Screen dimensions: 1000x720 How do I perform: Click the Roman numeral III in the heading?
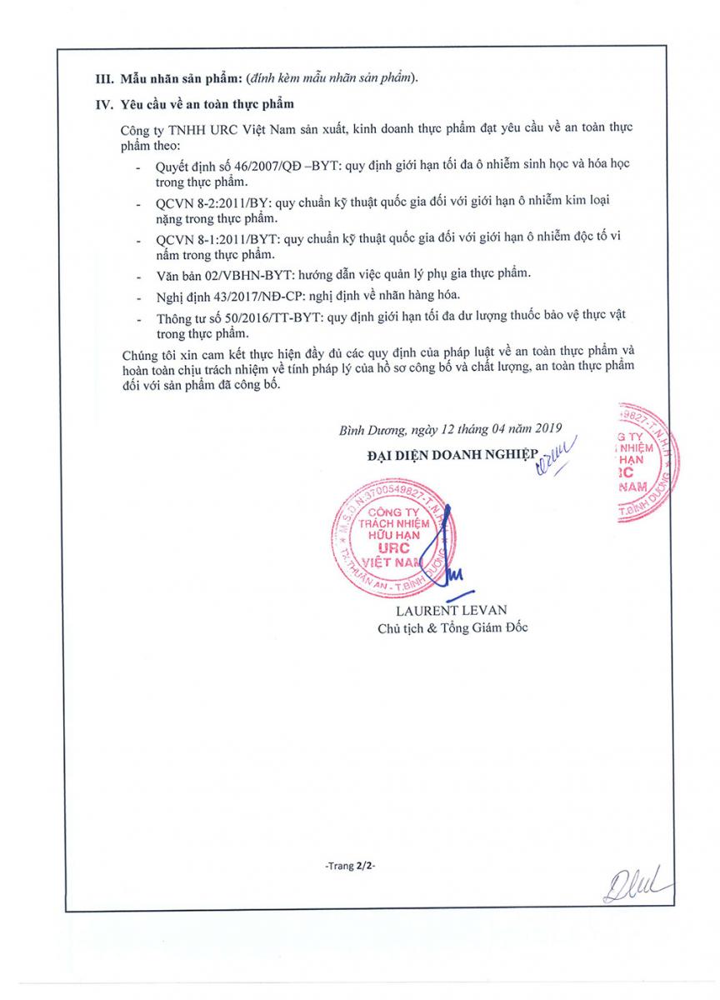pyautogui.click(x=102, y=78)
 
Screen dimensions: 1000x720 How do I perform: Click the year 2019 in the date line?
pyautogui.click(x=545, y=430)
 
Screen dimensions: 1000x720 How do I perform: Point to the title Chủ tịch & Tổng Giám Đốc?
pyautogui.click(x=452, y=627)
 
